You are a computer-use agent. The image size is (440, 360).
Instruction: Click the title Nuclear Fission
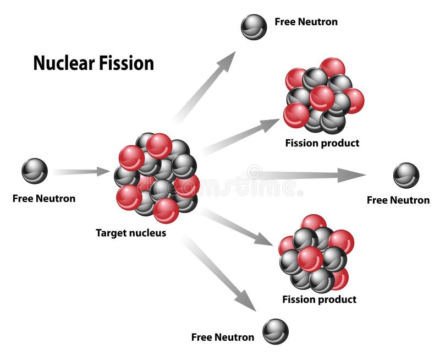94,63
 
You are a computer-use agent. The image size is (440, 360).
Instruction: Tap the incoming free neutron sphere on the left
35,171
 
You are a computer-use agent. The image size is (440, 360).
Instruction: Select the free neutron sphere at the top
254,27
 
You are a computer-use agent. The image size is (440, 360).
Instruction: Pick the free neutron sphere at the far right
406,176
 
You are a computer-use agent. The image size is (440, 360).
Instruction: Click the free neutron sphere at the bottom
275,331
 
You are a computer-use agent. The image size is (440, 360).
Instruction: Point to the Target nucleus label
131,233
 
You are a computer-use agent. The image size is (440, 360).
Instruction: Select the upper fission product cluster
323,96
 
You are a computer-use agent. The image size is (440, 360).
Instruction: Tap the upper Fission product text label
322,143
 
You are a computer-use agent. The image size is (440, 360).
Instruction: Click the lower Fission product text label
319,299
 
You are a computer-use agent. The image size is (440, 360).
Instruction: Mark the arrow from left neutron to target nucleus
82,172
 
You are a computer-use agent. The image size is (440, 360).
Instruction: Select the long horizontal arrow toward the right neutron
308,175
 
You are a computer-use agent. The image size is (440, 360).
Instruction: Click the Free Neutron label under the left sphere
44,198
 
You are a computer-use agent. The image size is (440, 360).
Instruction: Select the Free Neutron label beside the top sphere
306,22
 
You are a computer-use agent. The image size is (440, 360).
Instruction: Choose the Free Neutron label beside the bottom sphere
223,337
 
